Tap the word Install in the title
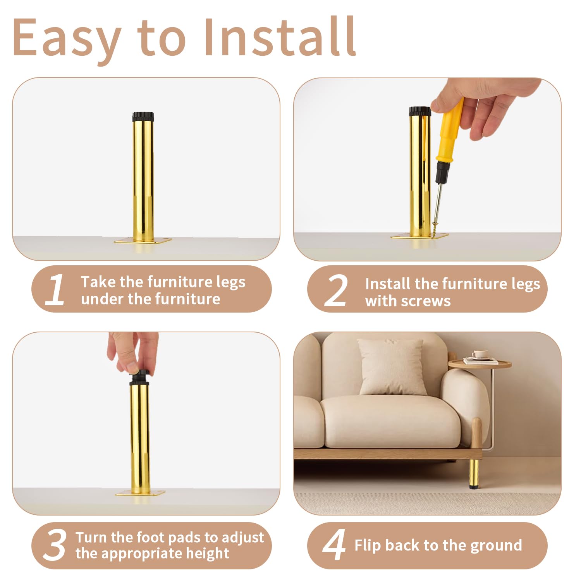point(279,36)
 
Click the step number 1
point(55,289)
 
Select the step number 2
point(335,290)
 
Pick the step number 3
point(54,545)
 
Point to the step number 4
point(334,545)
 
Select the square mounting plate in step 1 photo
point(143,241)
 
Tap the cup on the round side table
point(480,354)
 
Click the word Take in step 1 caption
point(98,282)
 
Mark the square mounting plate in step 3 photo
point(140,493)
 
